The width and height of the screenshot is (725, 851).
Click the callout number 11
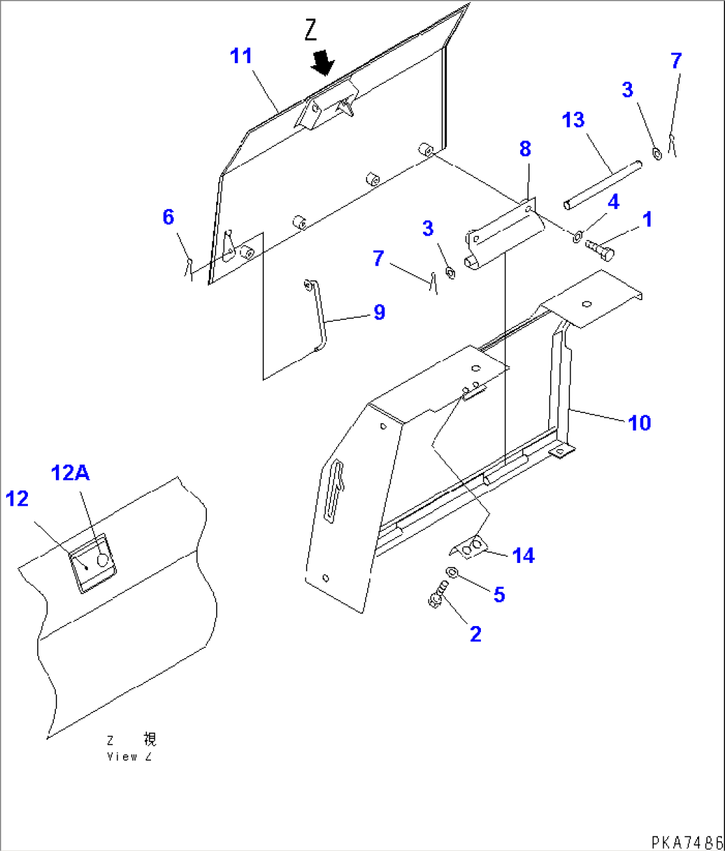241,57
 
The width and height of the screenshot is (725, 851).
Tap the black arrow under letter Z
324,63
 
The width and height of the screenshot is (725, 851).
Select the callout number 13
573,120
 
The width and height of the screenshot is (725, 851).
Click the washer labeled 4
577,235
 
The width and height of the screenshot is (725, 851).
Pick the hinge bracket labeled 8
504,234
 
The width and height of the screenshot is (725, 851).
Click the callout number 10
639,423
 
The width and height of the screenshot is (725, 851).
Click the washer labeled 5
450,572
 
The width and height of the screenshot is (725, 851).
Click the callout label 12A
71,473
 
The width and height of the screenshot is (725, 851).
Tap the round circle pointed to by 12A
102,560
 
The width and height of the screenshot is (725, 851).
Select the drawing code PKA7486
687,842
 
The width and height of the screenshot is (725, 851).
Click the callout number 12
17,498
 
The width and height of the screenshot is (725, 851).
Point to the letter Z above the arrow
311,31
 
